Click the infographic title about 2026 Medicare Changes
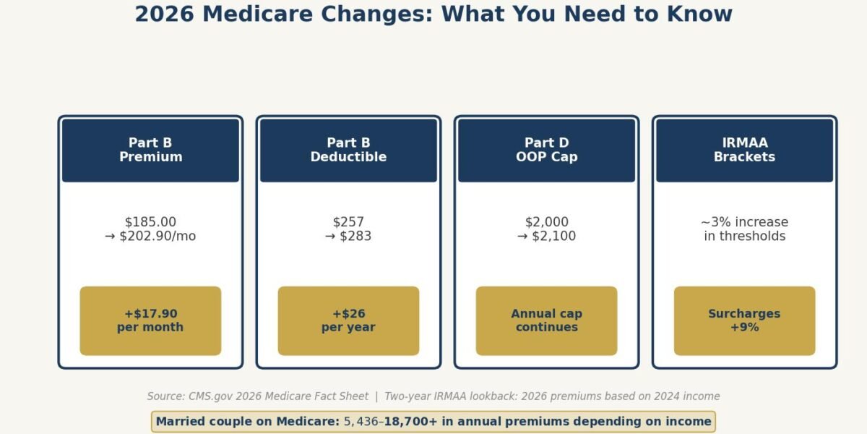pyautogui.click(x=433, y=14)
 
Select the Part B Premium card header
pyautogui.click(x=150, y=150)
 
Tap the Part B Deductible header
pyautogui.click(x=348, y=150)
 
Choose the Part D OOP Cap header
pyautogui.click(x=546, y=150)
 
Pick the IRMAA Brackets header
pyautogui.click(x=744, y=150)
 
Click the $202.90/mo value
pyautogui.click(x=158, y=237)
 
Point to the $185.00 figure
pyautogui.click(x=150, y=222)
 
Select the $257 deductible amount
pyautogui.click(x=348, y=222)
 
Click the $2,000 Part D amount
pyautogui.click(x=546, y=222)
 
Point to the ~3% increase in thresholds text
pyautogui.click(x=744, y=229)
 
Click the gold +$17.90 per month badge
pyautogui.click(x=150, y=320)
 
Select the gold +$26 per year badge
pyautogui.click(x=348, y=320)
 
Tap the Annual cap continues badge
pyautogui.click(x=546, y=320)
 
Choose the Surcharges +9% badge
pyautogui.click(x=744, y=320)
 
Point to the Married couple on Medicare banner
pyautogui.click(x=433, y=422)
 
